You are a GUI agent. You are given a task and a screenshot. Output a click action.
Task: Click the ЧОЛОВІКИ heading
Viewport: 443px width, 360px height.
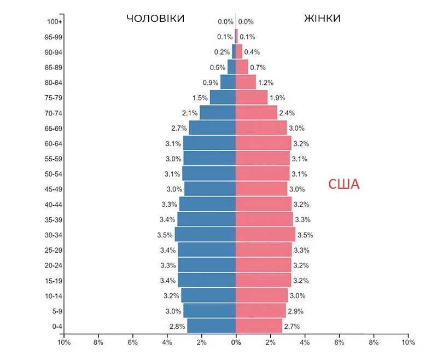[x=155, y=19]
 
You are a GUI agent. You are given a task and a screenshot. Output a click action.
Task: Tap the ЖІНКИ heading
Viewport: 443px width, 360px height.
[x=322, y=19]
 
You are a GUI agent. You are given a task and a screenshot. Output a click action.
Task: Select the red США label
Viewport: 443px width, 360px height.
[x=343, y=184]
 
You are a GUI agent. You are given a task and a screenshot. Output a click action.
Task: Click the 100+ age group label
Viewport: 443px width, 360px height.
[x=55, y=22]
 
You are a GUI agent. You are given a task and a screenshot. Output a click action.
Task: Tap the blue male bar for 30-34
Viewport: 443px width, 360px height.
[x=205, y=235]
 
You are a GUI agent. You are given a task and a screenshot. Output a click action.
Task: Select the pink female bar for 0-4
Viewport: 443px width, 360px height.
[x=259, y=326]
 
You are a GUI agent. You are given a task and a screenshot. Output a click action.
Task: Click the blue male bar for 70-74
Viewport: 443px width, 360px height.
[x=218, y=113]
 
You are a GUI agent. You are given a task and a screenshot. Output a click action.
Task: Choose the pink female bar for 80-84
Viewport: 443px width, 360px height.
[x=246, y=83]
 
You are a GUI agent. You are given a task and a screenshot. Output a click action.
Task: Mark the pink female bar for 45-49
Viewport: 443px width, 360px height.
[x=261, y=189]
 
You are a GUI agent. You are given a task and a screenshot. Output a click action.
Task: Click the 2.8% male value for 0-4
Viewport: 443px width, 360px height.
[x=177, y=327]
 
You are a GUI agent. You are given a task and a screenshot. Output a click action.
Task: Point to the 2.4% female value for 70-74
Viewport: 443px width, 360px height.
[x=287, y=113]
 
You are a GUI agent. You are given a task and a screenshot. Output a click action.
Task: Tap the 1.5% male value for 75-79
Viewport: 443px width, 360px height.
[x=200, y=98]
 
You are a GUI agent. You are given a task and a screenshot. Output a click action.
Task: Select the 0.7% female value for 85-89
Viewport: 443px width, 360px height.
[x=258, y=67]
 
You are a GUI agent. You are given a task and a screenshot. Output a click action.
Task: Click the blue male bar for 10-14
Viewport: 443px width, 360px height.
[x=208, y=296]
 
